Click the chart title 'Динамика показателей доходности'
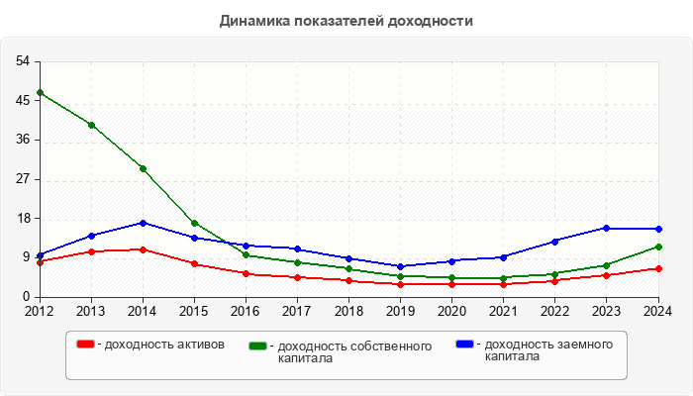(x=346, y=20)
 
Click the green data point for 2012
(x=40, y=92)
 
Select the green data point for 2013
(x=91, y=125)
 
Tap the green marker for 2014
(x=143, y=168)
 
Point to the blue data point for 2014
(x=143, y=223)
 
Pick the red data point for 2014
(x=143, y=249)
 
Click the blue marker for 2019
(x=400, y=266)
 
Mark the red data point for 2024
(x=657, y=268)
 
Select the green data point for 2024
(x=657, y=247)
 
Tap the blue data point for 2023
(x=606, y=228)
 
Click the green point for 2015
(x=194, y=223)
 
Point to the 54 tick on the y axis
(x=22, y=61)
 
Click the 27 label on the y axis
(x=22, y=179)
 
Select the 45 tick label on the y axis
(x=22, y=101)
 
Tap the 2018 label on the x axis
(x=348, y=310)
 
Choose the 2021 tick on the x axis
(x=503, y=310)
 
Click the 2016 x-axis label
(x=246, y=310)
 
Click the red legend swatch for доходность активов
(x=86, y=344)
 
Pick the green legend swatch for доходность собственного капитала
(x=258, y=346)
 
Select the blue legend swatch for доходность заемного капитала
(x=464, y=344)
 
